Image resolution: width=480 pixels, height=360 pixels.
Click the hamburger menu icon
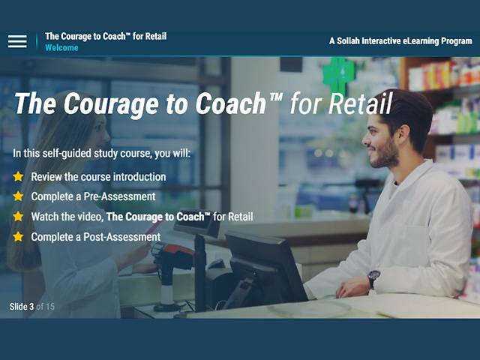tap(17, 41)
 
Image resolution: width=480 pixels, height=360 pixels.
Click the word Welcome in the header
tap(61, 48)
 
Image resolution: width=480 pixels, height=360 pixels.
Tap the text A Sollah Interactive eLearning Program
tap(400, 41)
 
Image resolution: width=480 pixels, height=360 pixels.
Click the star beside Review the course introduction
tap(18, 177)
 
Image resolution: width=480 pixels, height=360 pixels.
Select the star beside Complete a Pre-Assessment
tap(18, 196)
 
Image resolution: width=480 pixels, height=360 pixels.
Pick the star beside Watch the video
tap(18, 217)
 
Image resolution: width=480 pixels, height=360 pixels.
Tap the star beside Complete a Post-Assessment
tap(18, 237)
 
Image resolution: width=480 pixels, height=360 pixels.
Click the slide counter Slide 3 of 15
tap(31, 306)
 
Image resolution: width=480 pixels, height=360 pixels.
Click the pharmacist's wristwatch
tap(373, 277)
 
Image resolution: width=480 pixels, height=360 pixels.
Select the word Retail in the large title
tap(358, 104)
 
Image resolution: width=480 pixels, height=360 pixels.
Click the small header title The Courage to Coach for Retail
tap(106, 36)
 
